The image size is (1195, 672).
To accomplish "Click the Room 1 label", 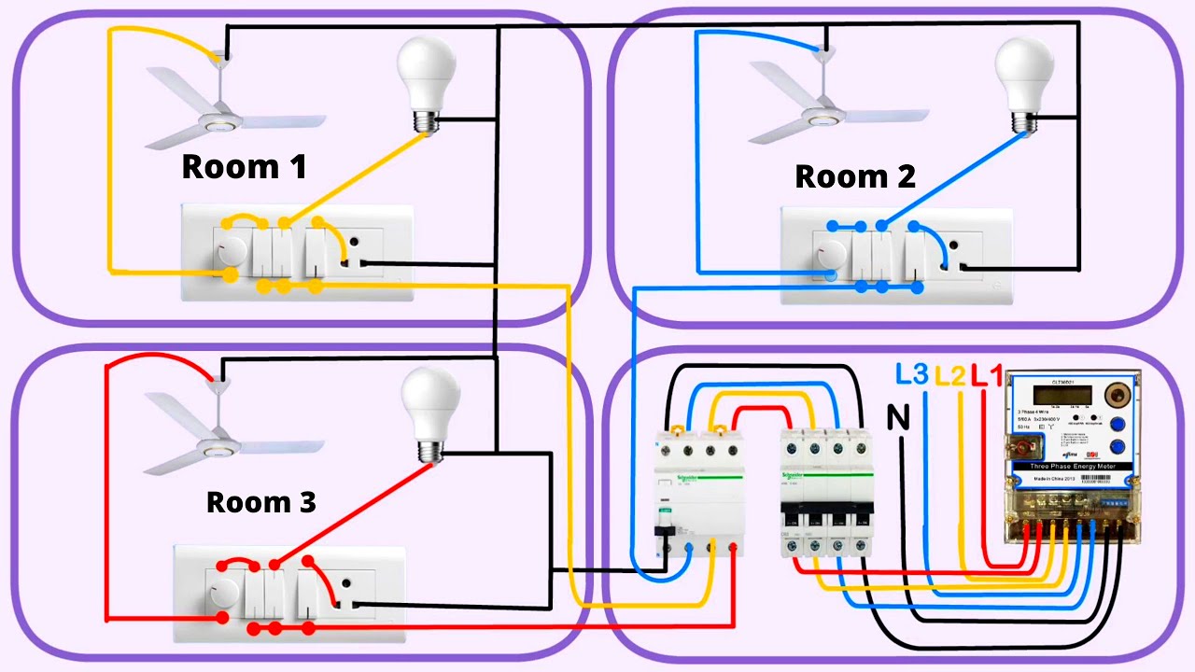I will [x=244, y=167].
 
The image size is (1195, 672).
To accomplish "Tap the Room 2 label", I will [x=854, y=176].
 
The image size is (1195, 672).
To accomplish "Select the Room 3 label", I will [x=260, y=502].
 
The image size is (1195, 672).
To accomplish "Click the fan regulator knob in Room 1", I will [x=231, y=250].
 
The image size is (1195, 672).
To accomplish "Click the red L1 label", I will [x=987, y=377].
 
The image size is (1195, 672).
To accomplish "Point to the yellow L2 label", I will [x=949, y=377].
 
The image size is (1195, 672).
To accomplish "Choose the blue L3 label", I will [x=911, y=375].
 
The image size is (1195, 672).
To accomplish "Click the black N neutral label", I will [x=897, y=420].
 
